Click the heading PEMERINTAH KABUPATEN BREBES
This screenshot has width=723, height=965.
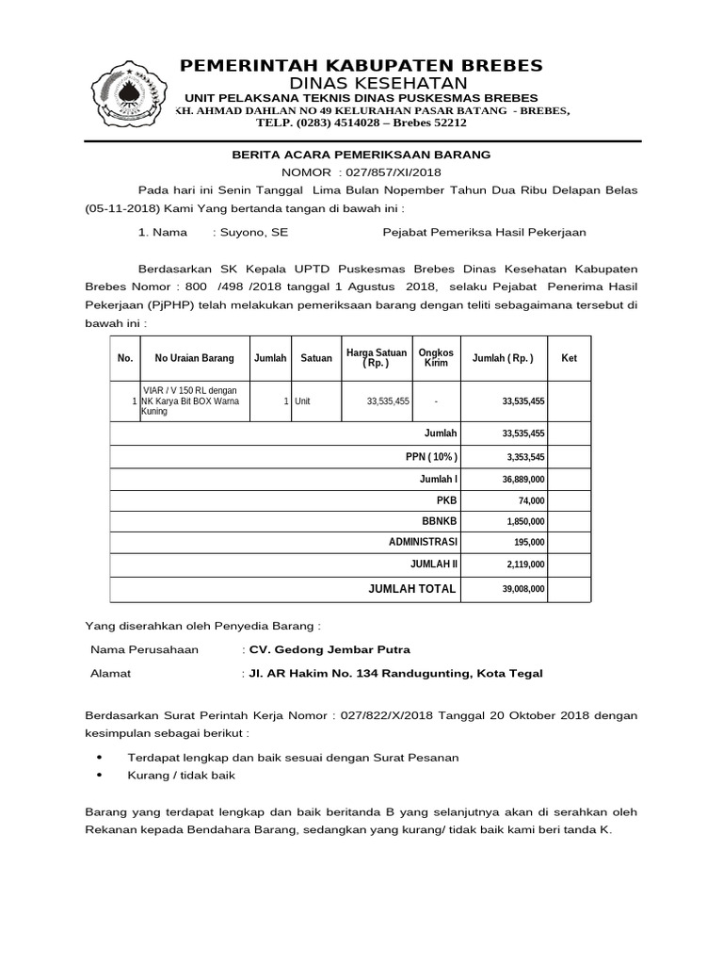click(361, 65)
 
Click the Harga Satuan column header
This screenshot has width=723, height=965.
click(377, 358)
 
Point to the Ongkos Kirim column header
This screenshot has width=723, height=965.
click(436, 358)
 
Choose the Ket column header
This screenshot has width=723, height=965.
click(569, 358)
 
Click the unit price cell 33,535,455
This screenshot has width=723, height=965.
click(388, 401)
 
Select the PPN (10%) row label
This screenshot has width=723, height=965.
click(431, 456)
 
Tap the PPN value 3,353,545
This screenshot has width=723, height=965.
click(524, 457)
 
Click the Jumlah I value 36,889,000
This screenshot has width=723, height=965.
click(523, 480)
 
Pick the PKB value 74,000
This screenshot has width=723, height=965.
click(531, 500)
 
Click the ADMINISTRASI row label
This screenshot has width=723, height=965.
click(423, 544)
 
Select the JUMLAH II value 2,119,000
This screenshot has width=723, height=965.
click(525, 566)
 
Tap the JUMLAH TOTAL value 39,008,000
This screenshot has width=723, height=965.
click(523, 589)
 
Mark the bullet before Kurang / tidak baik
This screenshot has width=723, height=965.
click(102, 776)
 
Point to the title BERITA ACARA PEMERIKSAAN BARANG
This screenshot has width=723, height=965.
click(361, 154)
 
